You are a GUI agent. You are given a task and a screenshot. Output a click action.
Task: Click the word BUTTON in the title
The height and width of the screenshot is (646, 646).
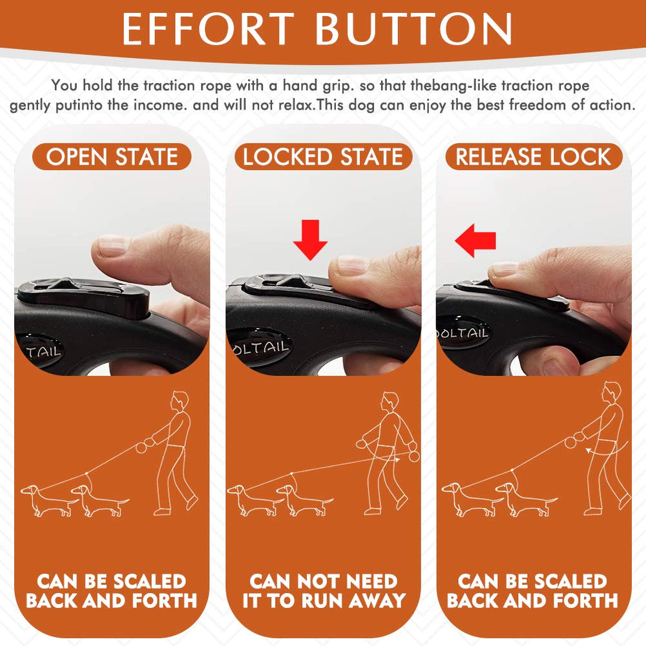414,29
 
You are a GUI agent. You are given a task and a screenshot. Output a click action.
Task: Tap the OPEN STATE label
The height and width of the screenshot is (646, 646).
112,157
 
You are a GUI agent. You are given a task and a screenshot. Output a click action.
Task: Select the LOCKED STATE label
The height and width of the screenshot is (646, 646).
323,157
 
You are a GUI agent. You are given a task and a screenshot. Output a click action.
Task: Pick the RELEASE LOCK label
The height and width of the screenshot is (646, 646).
534,157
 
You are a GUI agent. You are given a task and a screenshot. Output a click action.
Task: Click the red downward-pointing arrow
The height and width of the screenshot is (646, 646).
310,240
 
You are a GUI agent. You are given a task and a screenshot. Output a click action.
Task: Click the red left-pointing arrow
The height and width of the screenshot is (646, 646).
475,240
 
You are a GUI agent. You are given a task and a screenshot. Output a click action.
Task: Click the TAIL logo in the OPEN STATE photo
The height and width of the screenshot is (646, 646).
43,351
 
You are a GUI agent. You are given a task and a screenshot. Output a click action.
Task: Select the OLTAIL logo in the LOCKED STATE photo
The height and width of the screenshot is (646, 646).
261,347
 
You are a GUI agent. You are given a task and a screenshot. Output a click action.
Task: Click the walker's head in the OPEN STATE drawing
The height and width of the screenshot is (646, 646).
180,401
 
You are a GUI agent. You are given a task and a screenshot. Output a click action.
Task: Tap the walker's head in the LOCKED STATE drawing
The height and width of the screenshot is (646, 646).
390,402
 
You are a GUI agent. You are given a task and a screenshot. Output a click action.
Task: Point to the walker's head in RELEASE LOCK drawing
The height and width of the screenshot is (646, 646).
611,392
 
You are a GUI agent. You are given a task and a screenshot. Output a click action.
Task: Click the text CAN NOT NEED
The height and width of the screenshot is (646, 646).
324,581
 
